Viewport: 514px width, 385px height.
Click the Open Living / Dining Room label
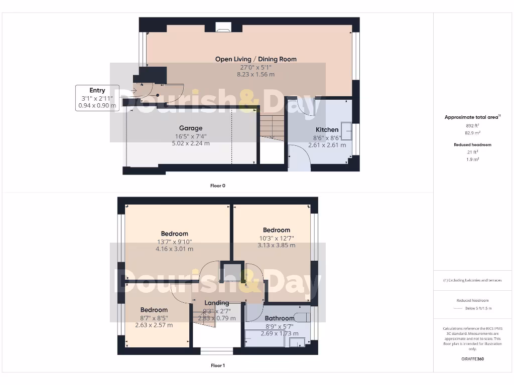[255, 59]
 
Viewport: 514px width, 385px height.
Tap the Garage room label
[191, 128]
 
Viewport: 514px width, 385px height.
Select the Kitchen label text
[327, 130]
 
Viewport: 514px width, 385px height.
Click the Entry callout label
[97, 91]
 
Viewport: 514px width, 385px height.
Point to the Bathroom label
[279, 318]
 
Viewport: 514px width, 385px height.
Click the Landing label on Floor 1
[217, 303]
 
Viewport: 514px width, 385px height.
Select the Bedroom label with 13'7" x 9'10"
[174, 234]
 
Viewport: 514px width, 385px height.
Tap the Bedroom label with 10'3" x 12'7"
[276, 230]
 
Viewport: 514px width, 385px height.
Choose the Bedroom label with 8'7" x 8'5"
[154, 310]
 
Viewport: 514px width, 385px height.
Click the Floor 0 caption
[217, 185]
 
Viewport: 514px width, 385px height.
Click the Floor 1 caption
[217, 365]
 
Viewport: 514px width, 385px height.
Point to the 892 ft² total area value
[472, 126]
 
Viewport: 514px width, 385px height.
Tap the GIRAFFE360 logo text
[472, 359]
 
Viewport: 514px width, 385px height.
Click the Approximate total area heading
[472, 117]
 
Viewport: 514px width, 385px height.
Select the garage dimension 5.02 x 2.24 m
[191, 143]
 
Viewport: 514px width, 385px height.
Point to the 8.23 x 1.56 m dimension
[255, 75]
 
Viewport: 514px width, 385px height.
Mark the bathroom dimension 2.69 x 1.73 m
[279, 333]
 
